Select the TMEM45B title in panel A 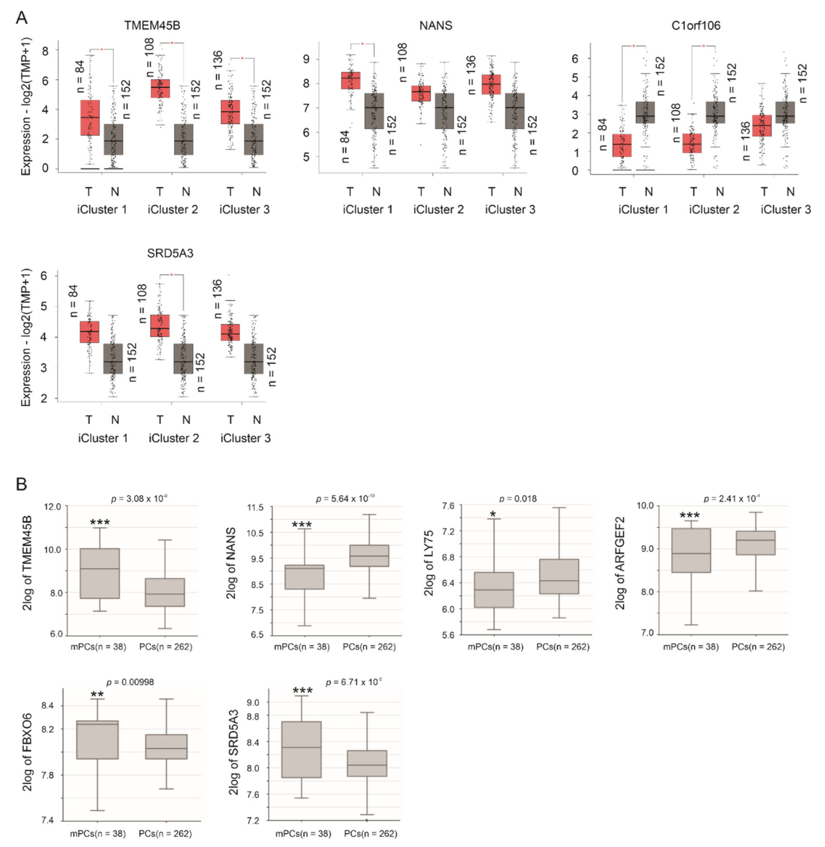click(x=152, y=26)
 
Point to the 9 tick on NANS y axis click(x=307, y=59)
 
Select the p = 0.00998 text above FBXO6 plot click(x=130, y=682)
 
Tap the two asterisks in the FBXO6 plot click(x=97, y=694)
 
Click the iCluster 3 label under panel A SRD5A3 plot click(x=245, y=438)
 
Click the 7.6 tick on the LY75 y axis click(x=448, y=506)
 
